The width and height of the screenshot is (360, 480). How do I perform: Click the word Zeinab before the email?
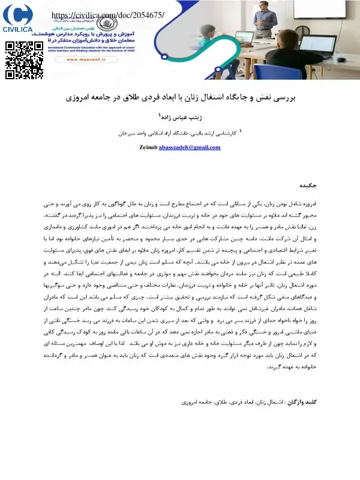click(x=148, y=147)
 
